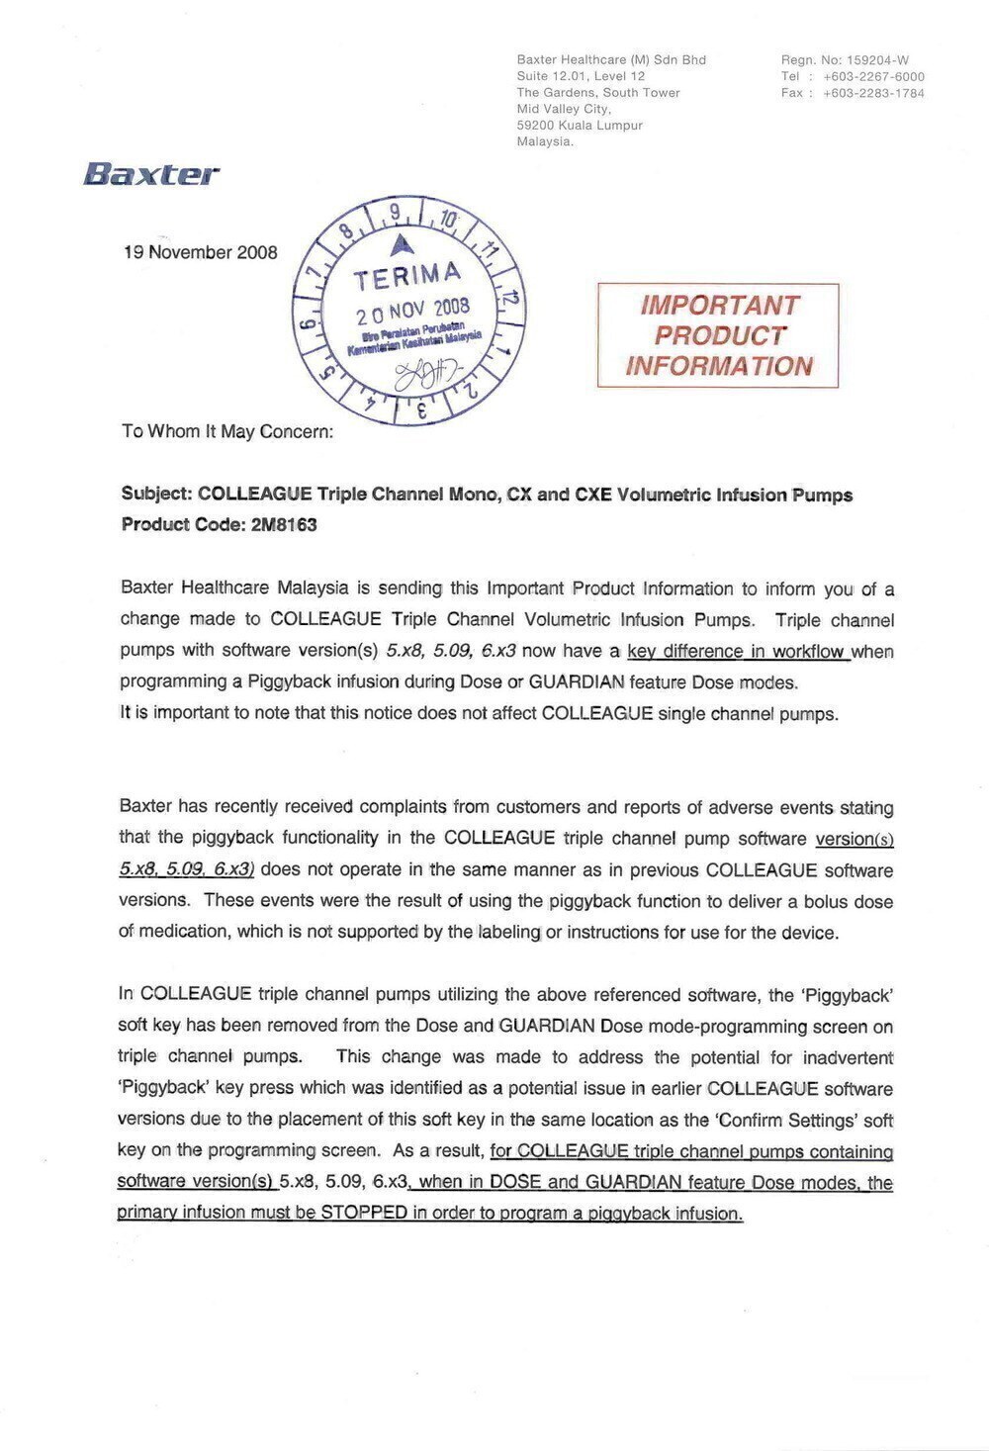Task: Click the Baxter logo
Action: pos(151,175)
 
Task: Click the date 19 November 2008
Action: pos(200,252)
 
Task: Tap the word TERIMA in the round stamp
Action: pos(407,276)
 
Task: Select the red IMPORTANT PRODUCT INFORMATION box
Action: pos(718,335)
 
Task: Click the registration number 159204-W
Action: pos(877,60)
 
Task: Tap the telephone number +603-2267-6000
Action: pos(873,76)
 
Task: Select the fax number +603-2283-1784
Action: pos(873,93)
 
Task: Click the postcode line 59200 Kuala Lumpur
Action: pos(580,126)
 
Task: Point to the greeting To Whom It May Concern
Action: pos(227,431)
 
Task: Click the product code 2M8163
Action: pos(284,525)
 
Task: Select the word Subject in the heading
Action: pos(156,495)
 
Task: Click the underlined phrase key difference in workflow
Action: pos(738,651)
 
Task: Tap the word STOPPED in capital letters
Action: pos(364,1213)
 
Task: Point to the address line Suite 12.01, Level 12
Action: pos(581,76)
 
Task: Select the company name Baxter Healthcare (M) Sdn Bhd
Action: pos(611,60)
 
